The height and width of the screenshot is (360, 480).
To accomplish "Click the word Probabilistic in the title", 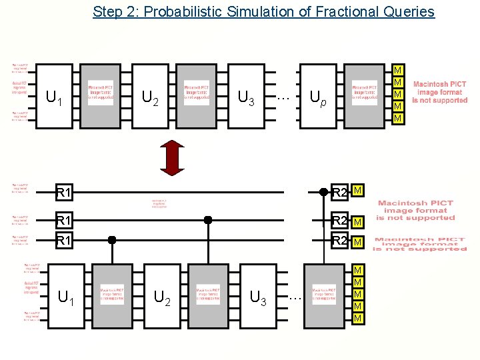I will coord(180,11).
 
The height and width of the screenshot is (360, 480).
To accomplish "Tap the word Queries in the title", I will coord(408,11).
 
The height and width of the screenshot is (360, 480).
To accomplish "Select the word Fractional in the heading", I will coord(319,11).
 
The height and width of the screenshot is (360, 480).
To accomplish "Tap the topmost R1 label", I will coord(64,193).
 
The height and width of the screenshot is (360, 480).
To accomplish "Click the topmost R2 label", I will coord(340,193).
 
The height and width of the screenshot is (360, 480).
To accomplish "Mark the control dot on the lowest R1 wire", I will coord(112,240).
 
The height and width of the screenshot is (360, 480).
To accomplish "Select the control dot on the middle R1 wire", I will coord(208,219).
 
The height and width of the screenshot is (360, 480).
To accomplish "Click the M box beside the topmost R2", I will coord(358,192).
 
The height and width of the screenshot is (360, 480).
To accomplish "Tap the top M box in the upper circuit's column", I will coord(399,71).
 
